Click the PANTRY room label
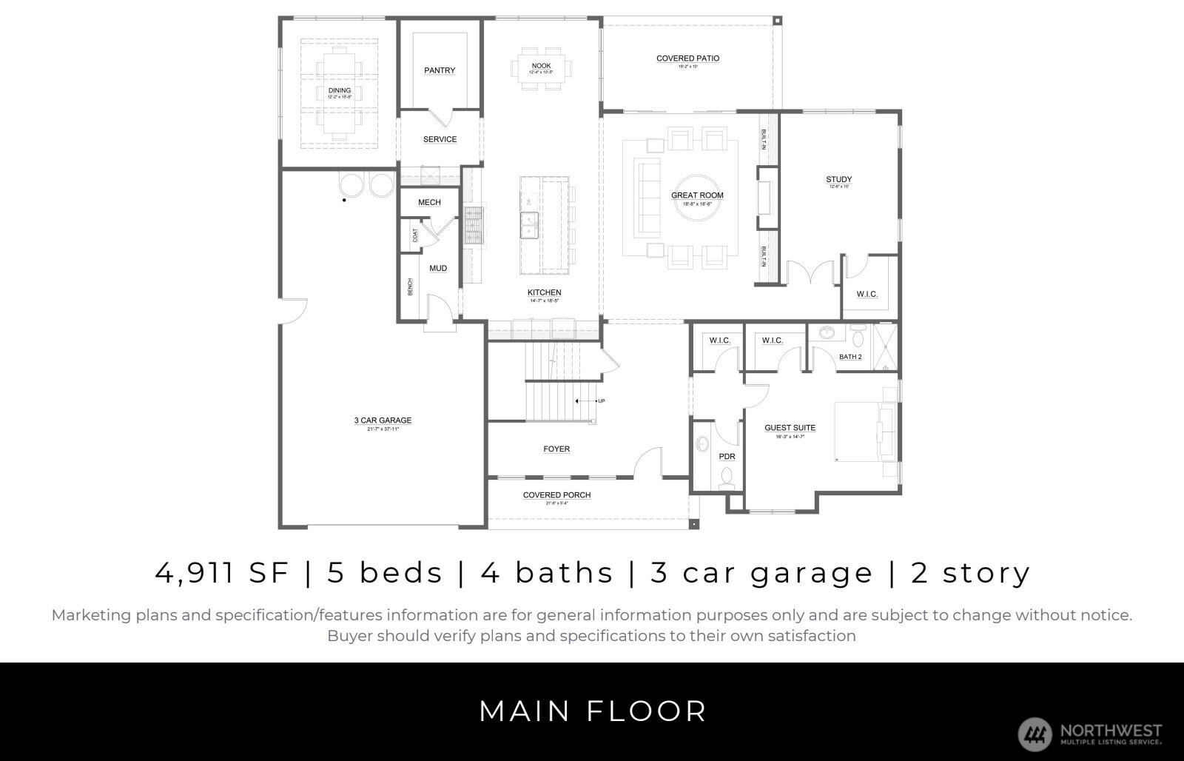pyautogui.click(x=440, y=70)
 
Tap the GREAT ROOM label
pyautogui.click(x=697, y=195)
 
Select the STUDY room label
pyautogui.click(x=838, y=179)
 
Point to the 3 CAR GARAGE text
pyautogui.click(x=383, y=420)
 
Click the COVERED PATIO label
pyautogui.click(x=687, y=58)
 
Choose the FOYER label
pyautogui.click(x=556, y=449)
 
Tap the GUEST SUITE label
pyautogui.click(x=790, y=428)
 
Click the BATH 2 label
pyautogui.click(x=850, y=357)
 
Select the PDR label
pyautogui.click(x=727, y=457)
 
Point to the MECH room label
pyautogui.click(x=429, y=202)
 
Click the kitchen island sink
pyautogui.click(x=530, y=225)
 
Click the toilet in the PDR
pyautogui.click(x=727, y=478)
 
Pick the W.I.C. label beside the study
pyautogui.click(x=867, y=295)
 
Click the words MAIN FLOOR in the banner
pyautogui.click(x=593, y=711)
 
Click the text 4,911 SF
pyautogui.click(x=221, y=572)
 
